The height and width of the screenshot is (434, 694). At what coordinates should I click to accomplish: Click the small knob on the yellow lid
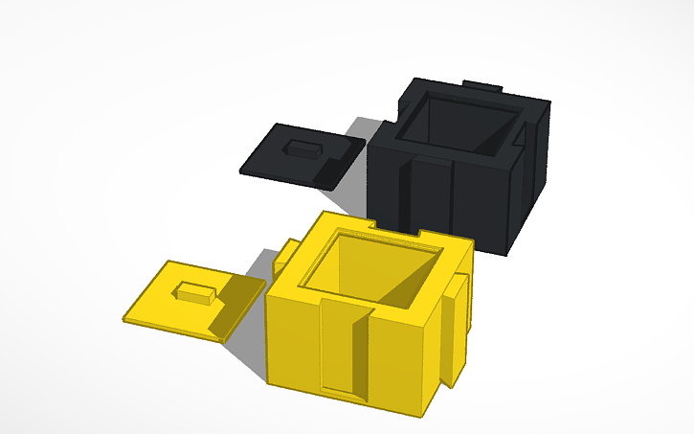[x=194, y=292]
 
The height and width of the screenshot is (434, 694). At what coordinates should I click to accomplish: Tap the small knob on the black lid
[x=304, y=149]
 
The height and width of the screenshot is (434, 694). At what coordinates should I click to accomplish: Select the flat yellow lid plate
[x=172, y=307]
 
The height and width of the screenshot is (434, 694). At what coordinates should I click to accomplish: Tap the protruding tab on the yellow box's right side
[x=458, y=326]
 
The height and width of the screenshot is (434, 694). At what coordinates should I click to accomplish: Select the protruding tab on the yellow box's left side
[x=285, y=256]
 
